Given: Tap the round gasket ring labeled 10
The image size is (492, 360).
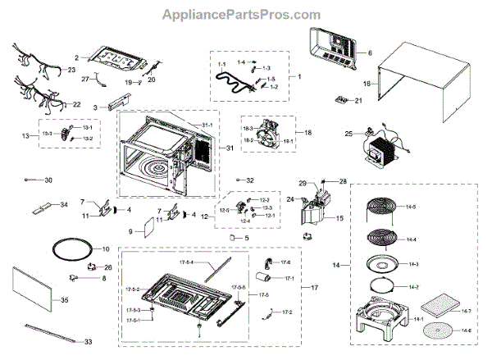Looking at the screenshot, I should click(68, 248).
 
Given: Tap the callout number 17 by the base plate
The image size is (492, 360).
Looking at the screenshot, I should click(312, 288).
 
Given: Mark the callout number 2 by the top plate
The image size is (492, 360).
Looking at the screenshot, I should click(75, 58).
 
